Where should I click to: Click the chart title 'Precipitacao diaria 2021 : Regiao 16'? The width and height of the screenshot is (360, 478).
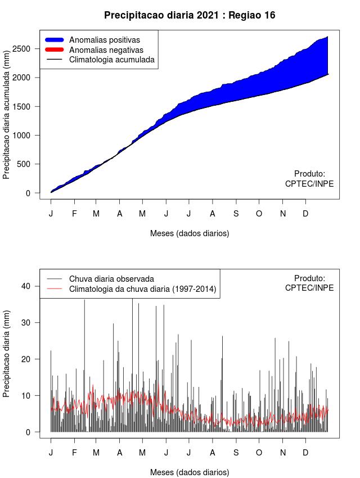click(x=190, y=15)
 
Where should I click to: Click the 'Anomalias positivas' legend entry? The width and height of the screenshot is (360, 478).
click(x=104, y=40)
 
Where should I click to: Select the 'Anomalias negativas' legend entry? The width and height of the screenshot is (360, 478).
click(x=106, y=49)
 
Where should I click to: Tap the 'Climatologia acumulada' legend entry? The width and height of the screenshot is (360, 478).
click(x=111, y=59)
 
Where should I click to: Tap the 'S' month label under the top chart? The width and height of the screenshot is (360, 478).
click(x=236, y=214)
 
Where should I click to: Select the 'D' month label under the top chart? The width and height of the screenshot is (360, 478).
click(x=305, y=214)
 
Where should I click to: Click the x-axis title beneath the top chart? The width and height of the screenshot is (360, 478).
click(x=190, y=233)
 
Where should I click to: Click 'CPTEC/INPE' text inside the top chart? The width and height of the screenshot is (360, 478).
click(x=309, y=184)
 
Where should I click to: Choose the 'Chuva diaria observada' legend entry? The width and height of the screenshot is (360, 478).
click(x=111, y=278)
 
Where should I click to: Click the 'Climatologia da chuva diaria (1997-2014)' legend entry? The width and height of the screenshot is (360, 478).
click(x=142, y=289)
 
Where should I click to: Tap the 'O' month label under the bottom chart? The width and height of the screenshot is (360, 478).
click(x=259, y=453)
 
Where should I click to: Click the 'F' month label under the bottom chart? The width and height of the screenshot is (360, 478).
click(x=74, y=453)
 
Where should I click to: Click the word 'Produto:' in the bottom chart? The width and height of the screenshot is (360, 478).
click(x=309, y=278)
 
